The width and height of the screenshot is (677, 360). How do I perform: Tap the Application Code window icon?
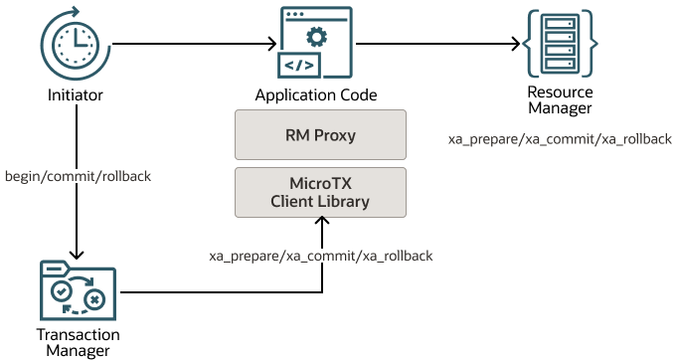tap(315, 44)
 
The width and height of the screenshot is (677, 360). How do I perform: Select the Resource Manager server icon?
tap(560, 44)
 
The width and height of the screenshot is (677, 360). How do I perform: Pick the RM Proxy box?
tap(321, 135)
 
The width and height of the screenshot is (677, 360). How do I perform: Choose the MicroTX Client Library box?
tap(321, 193)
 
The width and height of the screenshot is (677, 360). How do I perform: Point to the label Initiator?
tap(76, 95)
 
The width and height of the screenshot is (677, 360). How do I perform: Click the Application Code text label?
tap(315, 95)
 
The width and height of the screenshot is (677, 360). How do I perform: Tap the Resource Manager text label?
tap(560, 100)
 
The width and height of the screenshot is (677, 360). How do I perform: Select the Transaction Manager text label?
tap(78, 342)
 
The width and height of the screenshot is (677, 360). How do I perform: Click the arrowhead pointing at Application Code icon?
tap(268, 44)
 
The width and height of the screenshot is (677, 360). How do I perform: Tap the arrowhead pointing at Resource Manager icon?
tap(516, 44)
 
